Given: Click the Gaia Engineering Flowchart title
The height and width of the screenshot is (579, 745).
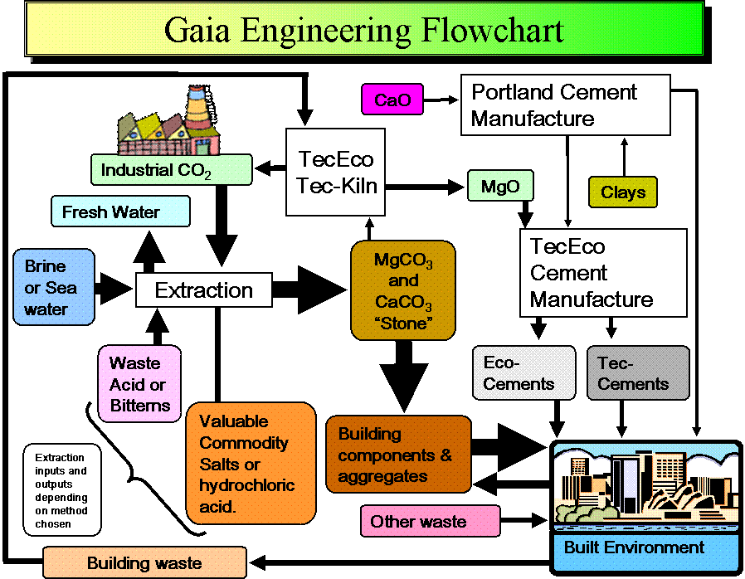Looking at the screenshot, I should [364, 30].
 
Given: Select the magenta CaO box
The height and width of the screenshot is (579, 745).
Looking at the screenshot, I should [392, 100].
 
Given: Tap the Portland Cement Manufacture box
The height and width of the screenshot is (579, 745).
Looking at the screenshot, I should [565, 105].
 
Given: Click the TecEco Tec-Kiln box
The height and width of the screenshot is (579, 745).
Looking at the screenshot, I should [336, 172].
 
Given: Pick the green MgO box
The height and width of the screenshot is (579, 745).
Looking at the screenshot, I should [500, 186].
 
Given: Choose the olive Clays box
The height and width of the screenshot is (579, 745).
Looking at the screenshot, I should [622, 192].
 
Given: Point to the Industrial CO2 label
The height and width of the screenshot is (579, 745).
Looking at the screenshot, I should [171, 170].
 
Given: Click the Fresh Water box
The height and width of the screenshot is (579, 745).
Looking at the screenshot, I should [120, 212].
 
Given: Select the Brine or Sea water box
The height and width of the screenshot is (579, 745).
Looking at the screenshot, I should [54, 287].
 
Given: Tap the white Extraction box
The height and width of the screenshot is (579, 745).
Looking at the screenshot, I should [204, 290].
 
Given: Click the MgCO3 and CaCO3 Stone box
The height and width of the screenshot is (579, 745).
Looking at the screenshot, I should [403, 290].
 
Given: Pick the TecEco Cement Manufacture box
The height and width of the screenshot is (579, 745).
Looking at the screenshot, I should [603, 273].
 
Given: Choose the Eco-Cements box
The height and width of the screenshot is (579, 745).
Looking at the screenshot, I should [523, 373].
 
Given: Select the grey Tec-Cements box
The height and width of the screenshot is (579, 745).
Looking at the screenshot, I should [638, 373].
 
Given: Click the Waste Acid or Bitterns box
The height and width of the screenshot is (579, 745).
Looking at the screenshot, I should [139, 384].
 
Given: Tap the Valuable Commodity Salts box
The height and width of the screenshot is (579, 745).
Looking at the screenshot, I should [251, 463].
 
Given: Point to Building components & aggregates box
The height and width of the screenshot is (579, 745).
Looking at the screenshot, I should [398, 455].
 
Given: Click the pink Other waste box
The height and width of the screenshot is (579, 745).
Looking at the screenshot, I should [430, 521].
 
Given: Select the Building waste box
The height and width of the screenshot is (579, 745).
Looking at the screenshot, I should [144, 562].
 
